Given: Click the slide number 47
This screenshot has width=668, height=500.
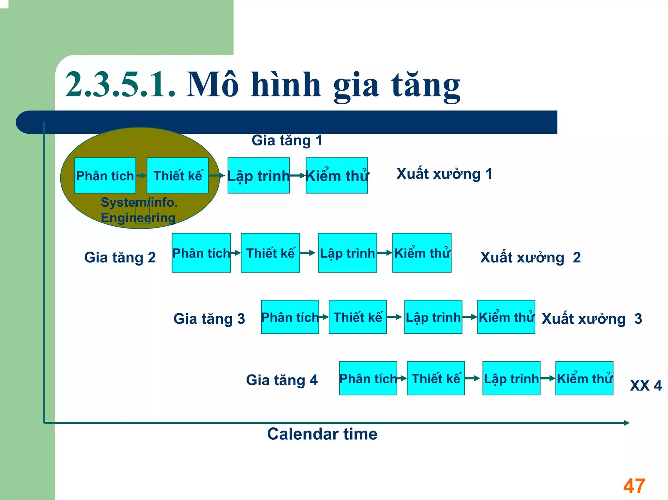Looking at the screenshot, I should [x=634, y=486].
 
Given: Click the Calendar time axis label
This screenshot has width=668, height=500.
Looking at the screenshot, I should [x=322, y=434].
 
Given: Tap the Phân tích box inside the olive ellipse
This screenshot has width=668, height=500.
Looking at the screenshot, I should [x=105, y=176].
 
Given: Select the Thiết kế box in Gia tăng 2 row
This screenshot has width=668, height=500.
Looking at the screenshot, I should [x=270, y=253].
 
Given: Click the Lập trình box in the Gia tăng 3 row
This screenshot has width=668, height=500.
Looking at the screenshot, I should [x=433, y=317].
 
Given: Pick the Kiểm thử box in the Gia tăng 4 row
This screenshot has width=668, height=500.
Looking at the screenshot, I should [x=584, y=378].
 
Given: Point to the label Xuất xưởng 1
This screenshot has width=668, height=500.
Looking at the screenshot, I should [x=444, y=174].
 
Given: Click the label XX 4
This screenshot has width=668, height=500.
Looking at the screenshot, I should [x=645, y=386].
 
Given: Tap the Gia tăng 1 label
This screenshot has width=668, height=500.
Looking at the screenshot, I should [x=287, y=140].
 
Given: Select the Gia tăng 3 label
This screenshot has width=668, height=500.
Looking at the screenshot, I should [x=209, y=319].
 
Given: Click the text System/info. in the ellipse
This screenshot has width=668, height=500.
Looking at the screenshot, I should [x=139, y=202].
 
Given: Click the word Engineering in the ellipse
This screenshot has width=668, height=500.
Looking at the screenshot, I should [x=138, y=218].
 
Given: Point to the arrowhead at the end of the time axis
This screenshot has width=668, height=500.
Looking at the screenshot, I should [x=627, y=423].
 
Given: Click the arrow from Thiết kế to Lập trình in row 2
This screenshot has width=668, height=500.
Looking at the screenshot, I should [x=308, y=253].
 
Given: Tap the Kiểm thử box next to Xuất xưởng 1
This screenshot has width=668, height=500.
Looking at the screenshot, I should [x=337, y=176].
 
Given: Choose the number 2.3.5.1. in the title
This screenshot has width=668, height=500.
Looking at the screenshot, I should [x=120, y=85].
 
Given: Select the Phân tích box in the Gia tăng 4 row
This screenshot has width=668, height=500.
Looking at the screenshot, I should [x=368, y=378].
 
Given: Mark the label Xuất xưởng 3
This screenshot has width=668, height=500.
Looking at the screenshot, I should [x=591, y=319].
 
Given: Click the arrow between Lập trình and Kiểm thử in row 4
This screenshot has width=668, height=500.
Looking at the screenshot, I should [x=548, y=378].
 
